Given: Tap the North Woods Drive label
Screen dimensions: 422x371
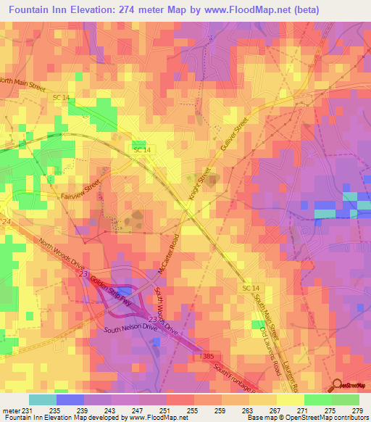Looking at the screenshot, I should point(61,253).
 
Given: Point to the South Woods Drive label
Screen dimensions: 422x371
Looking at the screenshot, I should point(166,309).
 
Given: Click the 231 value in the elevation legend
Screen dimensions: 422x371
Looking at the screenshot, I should point(30,410).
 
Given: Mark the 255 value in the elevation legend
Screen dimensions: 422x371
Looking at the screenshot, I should point(193,410).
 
